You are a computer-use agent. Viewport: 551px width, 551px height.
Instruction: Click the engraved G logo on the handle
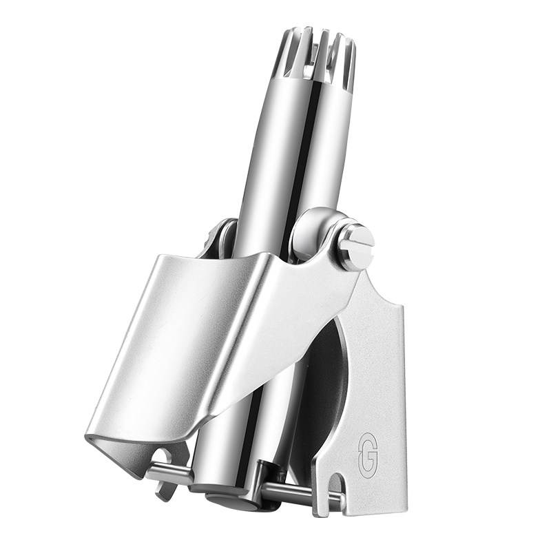[368, 456]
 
